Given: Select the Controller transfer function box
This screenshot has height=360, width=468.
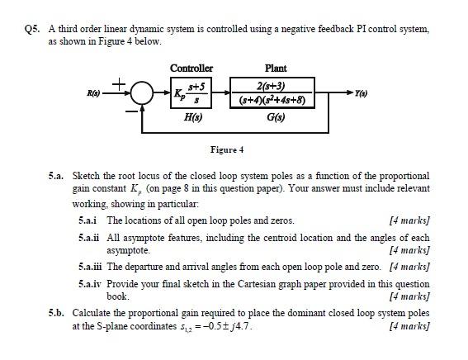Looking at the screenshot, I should (191, 92).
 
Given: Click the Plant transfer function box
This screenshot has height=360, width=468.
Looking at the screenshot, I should (274, 92).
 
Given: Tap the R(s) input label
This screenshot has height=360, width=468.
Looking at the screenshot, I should (83, 92).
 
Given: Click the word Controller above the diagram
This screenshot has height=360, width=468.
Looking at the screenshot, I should (191, 68).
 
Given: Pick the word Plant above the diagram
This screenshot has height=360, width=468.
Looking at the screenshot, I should (274, 68).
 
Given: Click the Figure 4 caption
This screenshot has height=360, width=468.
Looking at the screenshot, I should (227, 149).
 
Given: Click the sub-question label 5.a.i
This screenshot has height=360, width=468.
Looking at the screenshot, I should (87, 220).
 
